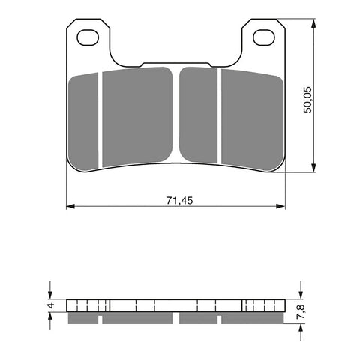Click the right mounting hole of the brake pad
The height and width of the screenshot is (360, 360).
[x=262, y=36]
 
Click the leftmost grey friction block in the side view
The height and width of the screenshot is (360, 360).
[x=83, y=318]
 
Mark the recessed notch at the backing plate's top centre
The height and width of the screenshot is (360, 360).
[x=176, y=64]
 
